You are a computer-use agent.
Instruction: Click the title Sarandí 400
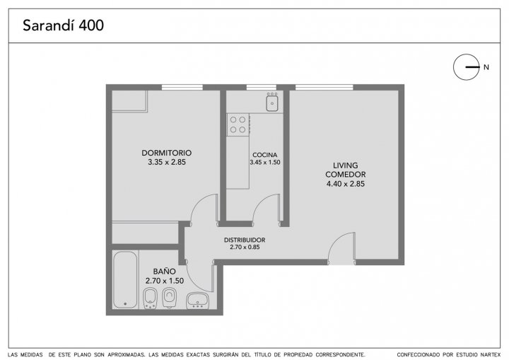pyautogui.click(x=64, y=25)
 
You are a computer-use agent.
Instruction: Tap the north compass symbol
pyautogui.click(x=467, y=67)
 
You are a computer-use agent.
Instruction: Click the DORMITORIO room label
pyautogui.click(x=167, y=153)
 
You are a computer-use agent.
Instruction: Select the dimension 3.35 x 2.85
pyautogui.click(x=167, y=162)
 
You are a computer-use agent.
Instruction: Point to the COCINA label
pyautogui.click(x=265, y=155)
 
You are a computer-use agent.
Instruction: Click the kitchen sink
pyautogui.click(x=272, y=102)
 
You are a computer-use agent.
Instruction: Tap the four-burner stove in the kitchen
pyautogui.click(x=238, y=124)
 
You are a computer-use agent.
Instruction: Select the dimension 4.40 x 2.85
pyautogui.click(x=346, y=184)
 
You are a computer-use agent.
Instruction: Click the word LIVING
pyautogui.click(x=346, y=166)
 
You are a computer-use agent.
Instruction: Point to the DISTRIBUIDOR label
pyautogui.click(x=245, y=240)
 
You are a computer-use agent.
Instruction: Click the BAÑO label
pyautogui.click(x=165, y=272)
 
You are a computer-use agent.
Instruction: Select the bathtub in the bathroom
pyautogui.click(x=125, y=279)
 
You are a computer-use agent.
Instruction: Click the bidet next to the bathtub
pyautogui.click(x=150, y=298)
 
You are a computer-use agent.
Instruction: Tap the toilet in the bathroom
pyautogui.click(x=168, y=298)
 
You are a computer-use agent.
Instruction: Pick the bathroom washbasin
pyautogui.click(x=197, y=301)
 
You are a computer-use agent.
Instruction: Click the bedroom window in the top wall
pyautogui.click(x=182, y=87)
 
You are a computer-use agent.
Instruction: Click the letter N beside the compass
pyautogui.click(x=486, y=67)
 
